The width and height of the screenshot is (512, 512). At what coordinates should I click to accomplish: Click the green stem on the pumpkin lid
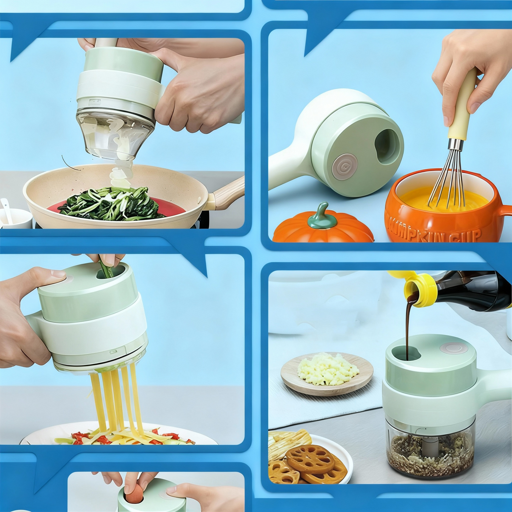(321, 215)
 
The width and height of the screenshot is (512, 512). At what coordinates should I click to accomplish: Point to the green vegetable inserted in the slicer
(106, 269)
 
